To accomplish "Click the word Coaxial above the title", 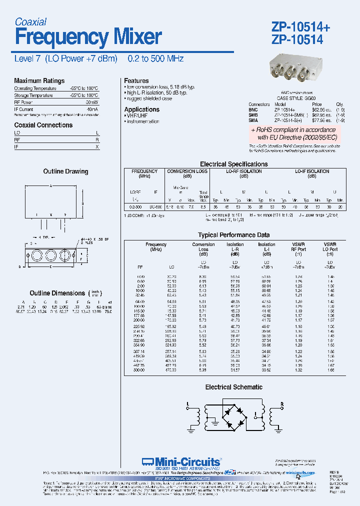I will [x=30, y=21].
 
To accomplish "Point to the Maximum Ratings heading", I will [x=39, y=81].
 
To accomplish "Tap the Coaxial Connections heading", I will [x=43, y=125].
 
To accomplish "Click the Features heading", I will [x=136, y=80].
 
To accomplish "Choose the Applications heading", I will [x=142, y=109].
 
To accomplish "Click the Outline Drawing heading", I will [x=65, y=171].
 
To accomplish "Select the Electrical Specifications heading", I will [x=233, y=164].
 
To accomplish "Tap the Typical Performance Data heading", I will [x=234, y=235].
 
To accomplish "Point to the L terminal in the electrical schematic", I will [x=188, y=403].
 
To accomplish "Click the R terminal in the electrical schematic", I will [x=281, y=403].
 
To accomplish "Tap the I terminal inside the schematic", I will [x=255, y=414].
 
